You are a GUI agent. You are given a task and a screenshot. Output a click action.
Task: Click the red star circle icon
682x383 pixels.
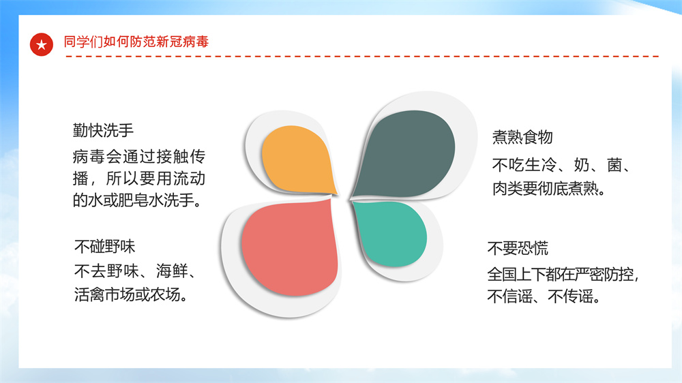click(x=42, y=44)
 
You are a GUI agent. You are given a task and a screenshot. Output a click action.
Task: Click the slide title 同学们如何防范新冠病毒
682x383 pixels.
click(x=136, y=42)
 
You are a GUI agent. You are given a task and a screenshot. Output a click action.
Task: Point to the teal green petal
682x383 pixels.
click(x=389, y=234)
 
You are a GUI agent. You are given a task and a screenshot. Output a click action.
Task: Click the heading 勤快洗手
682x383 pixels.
click(x=103, y=130)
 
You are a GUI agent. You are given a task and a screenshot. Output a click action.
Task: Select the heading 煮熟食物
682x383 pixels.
click(x=522, y=137)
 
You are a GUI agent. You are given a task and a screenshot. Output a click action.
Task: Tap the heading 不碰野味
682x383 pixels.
click(x=104, y=247)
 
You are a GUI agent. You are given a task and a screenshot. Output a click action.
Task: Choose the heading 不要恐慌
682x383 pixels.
click(x=518, y=248)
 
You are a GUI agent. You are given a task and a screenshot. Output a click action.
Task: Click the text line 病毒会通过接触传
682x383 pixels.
click(x=138, y=157)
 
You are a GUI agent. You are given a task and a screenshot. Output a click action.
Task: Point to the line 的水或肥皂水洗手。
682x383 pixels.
click(x=138, y=200)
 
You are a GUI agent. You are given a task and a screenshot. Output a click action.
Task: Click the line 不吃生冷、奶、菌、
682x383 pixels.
click(x=561, y=165)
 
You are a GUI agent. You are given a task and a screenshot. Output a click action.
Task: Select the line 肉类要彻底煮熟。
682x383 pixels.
click(x=549, y=189)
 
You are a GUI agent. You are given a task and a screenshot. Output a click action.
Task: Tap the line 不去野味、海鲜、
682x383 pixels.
click(x=136, y=271)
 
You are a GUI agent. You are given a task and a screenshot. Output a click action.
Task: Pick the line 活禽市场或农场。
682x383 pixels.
click(x=132, y=294)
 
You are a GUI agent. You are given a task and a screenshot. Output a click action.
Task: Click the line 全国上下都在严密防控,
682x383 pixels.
click(x=563, y=275)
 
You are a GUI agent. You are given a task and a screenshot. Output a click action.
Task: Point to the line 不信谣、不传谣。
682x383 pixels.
click(x=544, y=296)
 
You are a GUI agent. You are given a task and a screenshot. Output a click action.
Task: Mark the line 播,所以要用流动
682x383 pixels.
click(x=138, y=179)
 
